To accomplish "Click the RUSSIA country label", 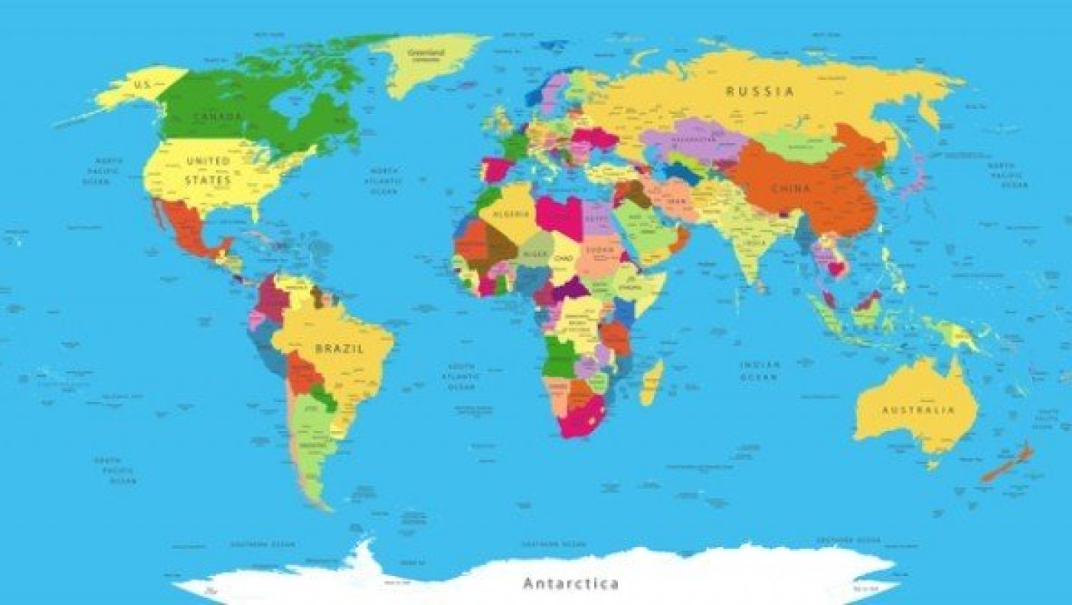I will coord(760,91).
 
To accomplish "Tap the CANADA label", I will coord(217,116).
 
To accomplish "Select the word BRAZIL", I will coord(339,348).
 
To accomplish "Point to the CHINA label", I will coord(791,188).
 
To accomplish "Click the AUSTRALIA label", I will coord(919,410).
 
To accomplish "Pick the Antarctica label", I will coord(570,584).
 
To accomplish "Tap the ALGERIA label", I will coord(511,214).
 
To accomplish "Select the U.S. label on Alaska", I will coord(142,83).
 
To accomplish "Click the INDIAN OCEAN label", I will coord(760,371).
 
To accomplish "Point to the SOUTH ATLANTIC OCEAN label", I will coord(462,377).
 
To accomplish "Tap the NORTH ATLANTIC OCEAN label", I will coord(384,181).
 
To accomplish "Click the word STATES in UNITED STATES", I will coord(208,181).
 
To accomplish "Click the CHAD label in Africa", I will coord(564,259).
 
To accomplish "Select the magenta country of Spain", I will coord(496,168).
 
